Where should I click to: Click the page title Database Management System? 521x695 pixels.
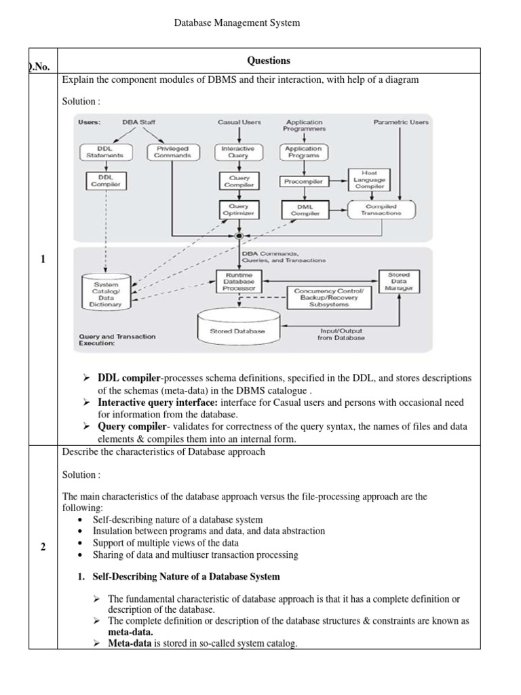click(237, 23)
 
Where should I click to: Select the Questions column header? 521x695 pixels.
click(269, 60)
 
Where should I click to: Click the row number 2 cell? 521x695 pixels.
click(42, 548)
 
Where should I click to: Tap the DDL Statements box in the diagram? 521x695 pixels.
click(100, 151)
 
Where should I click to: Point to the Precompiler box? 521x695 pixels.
click(303, 181)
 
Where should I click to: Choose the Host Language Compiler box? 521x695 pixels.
click(370, 179)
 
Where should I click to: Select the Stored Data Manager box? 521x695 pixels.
click(399, 282)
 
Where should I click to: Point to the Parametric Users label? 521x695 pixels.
click(401, 122)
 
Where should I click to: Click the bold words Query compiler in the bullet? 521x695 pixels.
click(128, 427)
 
